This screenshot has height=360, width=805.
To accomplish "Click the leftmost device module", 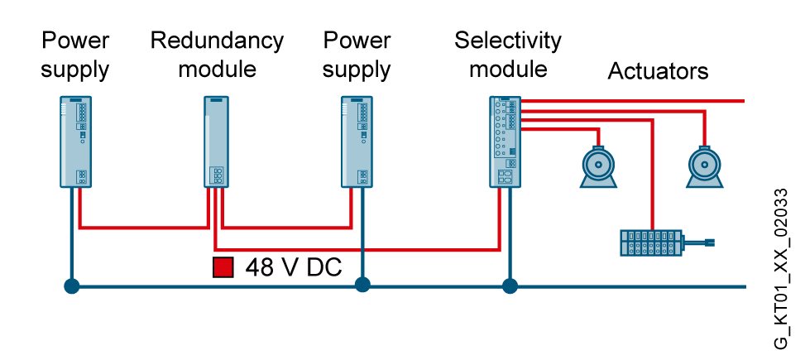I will click(x=75, y=141).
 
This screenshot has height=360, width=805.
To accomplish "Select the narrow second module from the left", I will click(x=216, y=141).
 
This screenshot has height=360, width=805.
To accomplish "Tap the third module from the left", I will click(x=357, y=141).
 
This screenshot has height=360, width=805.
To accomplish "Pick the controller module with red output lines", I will click(x=505, y=141).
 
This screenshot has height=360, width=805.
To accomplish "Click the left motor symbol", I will click(x=598, y=166).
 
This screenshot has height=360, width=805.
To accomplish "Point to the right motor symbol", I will click(x=704, y=166).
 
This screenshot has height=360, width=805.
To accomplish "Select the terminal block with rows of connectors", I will click(x=651, y=242).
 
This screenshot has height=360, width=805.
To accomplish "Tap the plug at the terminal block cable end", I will click(x=709, y=242).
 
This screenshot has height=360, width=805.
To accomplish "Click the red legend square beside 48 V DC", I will click(x=223, y=267).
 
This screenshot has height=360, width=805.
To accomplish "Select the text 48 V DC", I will click(x=294, y=267).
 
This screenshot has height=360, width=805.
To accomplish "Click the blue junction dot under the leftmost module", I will click(x=72, y=286).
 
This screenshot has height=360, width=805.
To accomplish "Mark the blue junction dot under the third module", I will click(x=362, y=286).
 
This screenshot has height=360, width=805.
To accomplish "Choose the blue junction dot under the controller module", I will click(x=510, y=286).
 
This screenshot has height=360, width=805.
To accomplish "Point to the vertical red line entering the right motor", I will click(x=704, y=128).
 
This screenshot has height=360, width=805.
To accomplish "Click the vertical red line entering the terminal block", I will click(x=652, y=174).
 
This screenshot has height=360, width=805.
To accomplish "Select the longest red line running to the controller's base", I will click(x=356, y=249).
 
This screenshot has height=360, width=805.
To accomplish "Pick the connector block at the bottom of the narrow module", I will click(x=218, y=175).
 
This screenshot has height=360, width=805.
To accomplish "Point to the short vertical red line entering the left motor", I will click(x=598, y=137).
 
